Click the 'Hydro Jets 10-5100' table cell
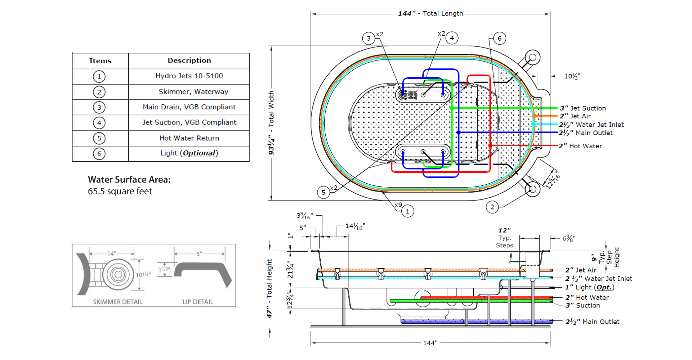(189, 76)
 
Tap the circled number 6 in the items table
(99, 154)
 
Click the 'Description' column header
(189, 60)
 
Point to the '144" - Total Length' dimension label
(430, 13)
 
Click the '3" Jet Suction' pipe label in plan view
(582, 108)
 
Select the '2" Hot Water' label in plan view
(580, 146)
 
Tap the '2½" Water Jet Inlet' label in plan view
(591, 125)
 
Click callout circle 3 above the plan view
(369, 38)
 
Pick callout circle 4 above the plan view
(452, 38)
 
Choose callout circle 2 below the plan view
(492, 207)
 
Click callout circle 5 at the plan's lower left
(323, 192)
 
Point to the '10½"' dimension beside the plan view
(572, 76)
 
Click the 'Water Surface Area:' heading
(129, 179)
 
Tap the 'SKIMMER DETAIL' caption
(118, 302)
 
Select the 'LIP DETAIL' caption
(198, 302)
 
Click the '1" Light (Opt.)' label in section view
(589, 287)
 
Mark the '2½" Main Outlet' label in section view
(592, 321)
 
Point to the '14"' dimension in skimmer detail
(112, 253)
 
